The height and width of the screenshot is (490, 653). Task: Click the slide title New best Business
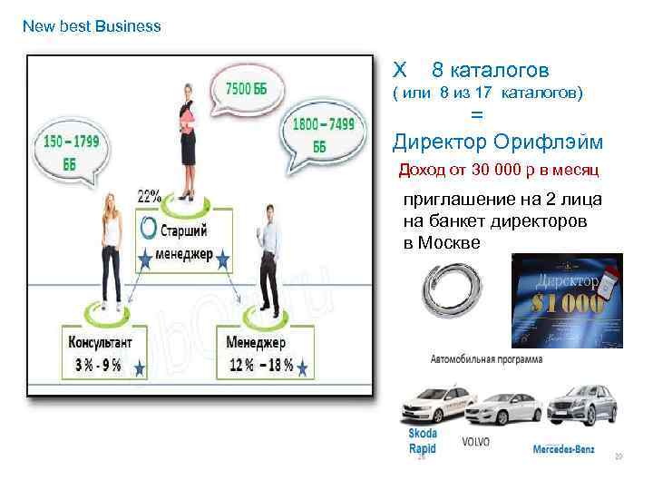[92, 26]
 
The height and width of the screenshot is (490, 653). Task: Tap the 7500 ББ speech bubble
[246, 90]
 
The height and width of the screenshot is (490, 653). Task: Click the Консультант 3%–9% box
[102, 354]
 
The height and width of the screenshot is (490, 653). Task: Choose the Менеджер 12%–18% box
[264, 354]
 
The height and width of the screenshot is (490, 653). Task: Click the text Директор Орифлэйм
[498, 142]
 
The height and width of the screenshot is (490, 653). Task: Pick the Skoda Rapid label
[423, 441]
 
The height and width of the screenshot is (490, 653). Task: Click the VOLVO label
[475, 442]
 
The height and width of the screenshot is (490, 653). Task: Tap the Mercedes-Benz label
[564, 447]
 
